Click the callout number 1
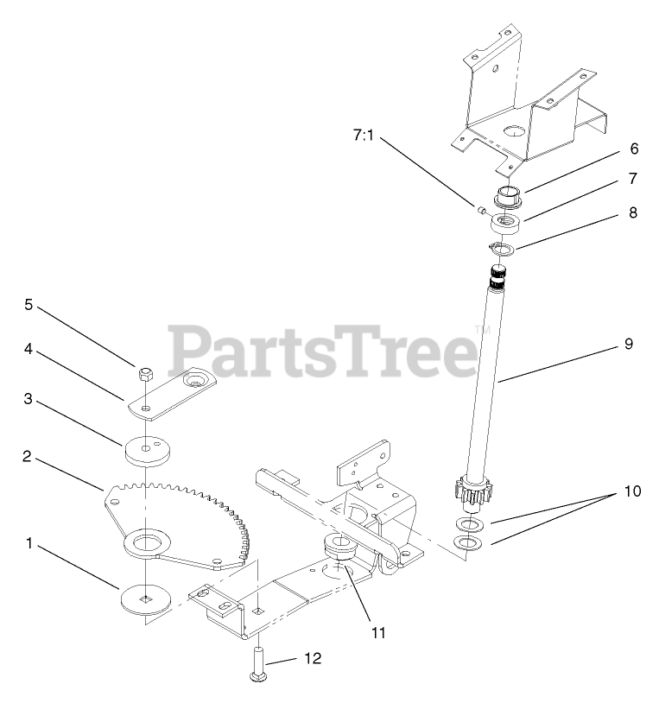30,544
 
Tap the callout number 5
29,305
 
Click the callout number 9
628,344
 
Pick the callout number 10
634,491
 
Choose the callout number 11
377,633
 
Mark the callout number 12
313,658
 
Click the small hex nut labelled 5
145,374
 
